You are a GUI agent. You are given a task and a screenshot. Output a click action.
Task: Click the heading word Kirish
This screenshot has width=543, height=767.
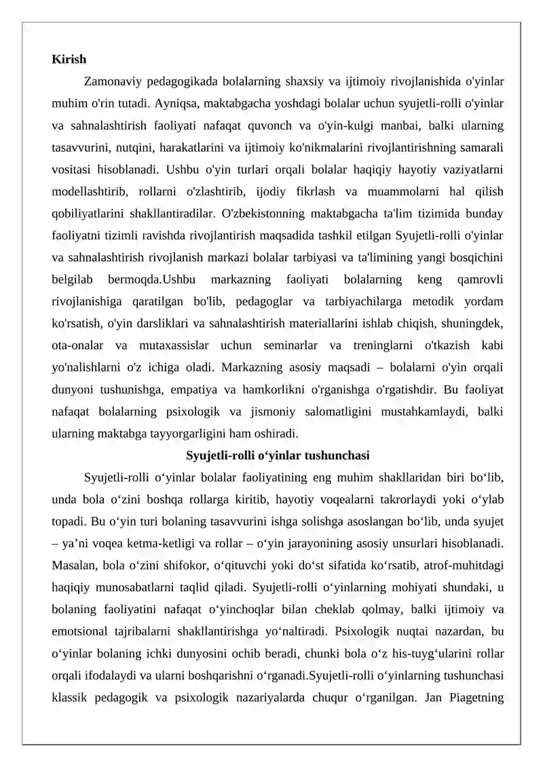click(69, 59)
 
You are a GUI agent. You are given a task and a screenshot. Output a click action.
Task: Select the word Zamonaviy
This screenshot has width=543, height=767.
click(112, 82)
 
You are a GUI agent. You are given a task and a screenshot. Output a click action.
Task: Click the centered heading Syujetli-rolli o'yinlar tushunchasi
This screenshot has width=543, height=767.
click(277, 454)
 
